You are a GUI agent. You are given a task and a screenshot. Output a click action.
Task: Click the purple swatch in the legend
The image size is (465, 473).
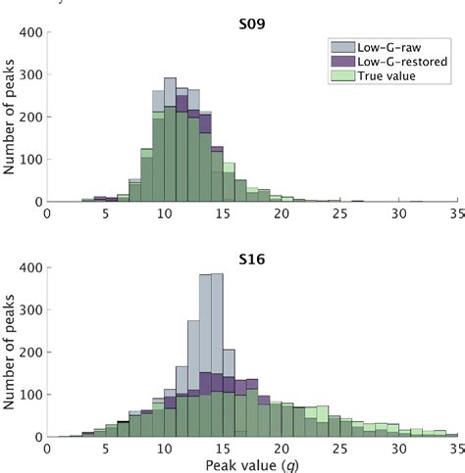341,60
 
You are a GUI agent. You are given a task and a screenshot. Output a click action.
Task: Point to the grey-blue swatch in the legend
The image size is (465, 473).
341,45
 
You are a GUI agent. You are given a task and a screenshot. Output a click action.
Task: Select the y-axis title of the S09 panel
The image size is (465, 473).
9,117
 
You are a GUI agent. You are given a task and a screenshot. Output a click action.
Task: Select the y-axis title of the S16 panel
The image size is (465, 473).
9,352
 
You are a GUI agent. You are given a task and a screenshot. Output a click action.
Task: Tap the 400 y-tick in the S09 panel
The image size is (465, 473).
29,32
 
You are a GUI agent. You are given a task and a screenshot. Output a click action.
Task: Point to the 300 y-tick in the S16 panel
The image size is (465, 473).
29,309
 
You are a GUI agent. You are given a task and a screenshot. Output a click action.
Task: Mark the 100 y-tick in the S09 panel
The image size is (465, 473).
29,159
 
